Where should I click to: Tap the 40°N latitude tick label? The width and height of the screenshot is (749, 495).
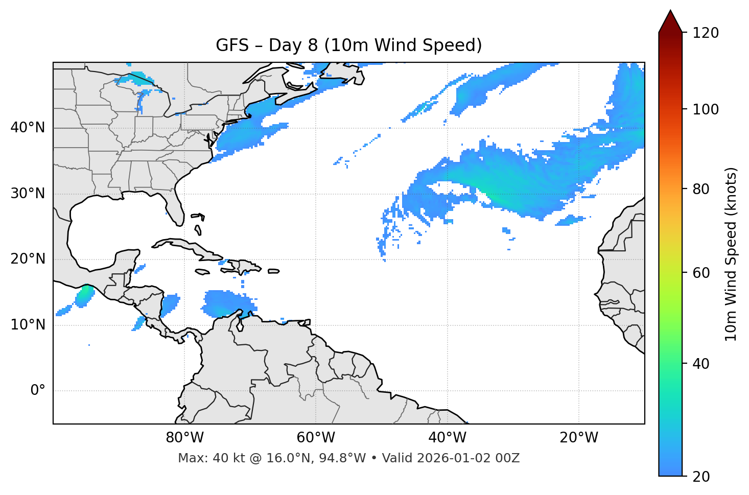[28, 128]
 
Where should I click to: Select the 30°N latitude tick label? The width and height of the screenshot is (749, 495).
[28, 194]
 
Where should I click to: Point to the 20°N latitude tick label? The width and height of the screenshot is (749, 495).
[28, 259]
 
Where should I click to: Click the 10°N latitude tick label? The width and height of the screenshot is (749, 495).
[28, 325]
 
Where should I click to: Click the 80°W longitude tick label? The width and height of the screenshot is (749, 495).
[184, 438]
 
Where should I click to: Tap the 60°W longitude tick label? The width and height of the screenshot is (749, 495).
[316, 438]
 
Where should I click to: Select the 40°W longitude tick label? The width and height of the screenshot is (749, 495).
[447, 438]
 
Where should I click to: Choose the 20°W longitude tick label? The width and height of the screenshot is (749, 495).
[578, 438]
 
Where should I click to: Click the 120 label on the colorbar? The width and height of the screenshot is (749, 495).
[705, 33]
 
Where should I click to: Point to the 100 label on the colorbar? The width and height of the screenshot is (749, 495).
[705, 109]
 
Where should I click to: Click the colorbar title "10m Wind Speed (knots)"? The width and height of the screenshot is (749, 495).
[731, 254]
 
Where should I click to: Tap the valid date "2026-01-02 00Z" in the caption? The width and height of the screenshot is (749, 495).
[468, 458]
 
